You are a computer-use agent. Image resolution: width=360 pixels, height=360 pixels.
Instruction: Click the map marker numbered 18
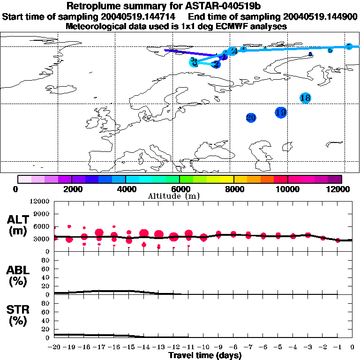click(305, 98)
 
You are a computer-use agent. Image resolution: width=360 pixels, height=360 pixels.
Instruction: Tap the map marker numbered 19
click(281, 112)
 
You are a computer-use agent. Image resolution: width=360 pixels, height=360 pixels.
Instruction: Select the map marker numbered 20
click(251, 118)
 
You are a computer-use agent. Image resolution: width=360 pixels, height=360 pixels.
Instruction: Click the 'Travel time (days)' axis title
click(204, 355)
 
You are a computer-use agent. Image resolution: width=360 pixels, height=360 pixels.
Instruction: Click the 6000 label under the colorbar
click(179, 189)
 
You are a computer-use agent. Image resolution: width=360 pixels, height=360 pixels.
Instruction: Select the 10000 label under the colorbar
click(287, 189)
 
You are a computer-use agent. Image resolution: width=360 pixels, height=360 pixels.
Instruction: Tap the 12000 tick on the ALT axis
click(41, 202)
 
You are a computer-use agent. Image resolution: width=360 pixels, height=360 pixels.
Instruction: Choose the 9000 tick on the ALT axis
click(43, 214)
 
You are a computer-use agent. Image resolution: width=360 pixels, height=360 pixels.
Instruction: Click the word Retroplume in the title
click(92, 6)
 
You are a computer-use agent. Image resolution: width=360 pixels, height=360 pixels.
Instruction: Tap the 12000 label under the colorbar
click(341, 189)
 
